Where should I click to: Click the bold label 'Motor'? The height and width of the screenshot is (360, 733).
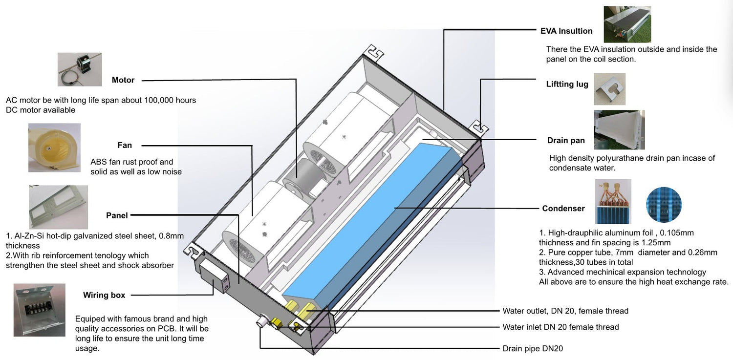tap(123, 80)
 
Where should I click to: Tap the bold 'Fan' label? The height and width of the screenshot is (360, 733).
tap(125, 145)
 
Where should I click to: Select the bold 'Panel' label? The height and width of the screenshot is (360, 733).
tap(117, 215)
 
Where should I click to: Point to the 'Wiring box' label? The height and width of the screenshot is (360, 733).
tap(104, 295)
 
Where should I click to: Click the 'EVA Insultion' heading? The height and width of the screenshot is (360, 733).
tap(566, 31)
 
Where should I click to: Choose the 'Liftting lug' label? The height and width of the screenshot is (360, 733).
tap(567, 84)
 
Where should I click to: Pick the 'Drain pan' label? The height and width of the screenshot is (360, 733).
tap(566, 140)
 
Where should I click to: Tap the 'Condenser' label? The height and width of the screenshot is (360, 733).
tap(563, 208)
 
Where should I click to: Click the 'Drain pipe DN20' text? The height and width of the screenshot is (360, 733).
tap(536, 349)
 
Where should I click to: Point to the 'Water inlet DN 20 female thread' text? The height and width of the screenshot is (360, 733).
tap(561, 327)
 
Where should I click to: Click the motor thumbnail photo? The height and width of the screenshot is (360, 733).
tap(80, 69)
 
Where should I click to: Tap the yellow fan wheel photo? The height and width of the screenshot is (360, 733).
tap(54, 148)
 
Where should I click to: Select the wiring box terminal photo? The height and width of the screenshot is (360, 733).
tap(40, 310)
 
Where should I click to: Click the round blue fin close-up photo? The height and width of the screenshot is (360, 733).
tap(664, 205)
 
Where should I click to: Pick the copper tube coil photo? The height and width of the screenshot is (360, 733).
tap(613, 201)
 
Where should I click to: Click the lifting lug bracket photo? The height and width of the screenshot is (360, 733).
tap(609, 89)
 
